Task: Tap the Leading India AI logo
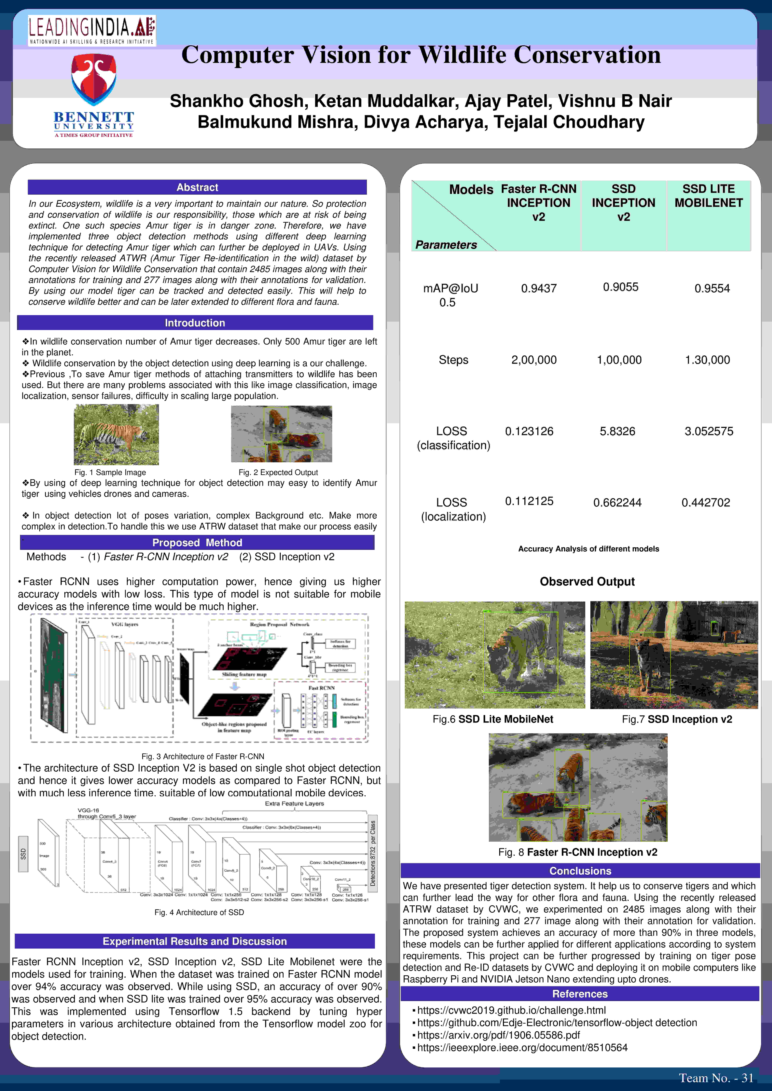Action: click(x=92, y=30)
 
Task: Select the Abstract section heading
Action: click(x=197, y=187)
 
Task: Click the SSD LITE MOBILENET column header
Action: click(x=708, y=196)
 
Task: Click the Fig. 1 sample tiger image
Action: click(x=116, y=434)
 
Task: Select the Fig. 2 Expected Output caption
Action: click(x=278, y=472)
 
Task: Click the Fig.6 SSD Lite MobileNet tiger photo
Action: click(x=494, y=655)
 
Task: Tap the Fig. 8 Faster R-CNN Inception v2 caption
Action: click(x=578, y=852)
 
